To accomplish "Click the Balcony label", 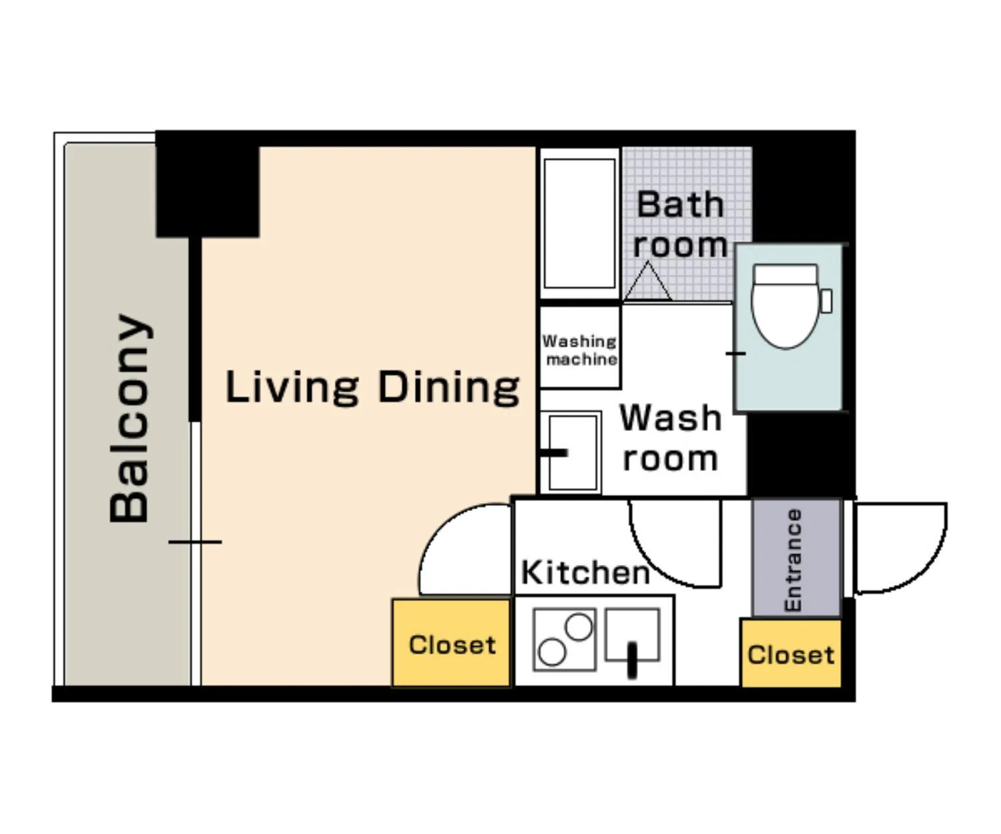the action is [129, 418].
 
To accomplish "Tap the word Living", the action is [292, 388].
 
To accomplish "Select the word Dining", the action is [448, 388].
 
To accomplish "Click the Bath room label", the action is [680, 224].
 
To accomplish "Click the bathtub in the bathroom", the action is [580, 224].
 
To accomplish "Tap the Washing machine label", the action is [580, 350].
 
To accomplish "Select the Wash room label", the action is [670, 438].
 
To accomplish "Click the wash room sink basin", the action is [573, 452].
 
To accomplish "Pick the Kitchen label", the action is [585, 572].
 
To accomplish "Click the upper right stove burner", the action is [579, 627].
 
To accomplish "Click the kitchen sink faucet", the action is [633, 661].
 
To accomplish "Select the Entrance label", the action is [793, 560].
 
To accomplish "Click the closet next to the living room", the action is [451, 643].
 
